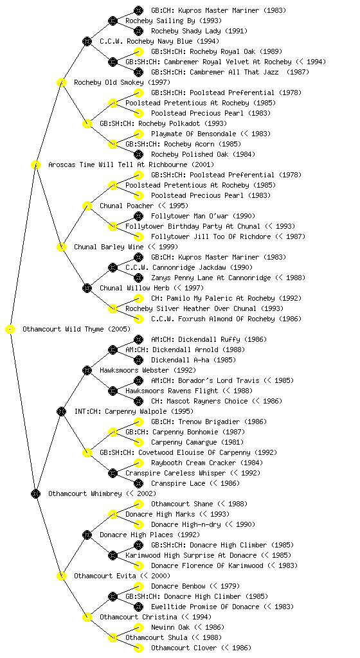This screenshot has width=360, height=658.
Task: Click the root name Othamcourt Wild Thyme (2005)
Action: (76, 329)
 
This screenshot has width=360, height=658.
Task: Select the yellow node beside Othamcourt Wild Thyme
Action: (10, 329)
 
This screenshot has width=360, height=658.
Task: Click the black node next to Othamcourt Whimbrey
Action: (35, 493)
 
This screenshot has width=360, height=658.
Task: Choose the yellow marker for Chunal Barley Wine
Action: (61, 247)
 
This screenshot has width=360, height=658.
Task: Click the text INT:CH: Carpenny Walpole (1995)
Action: (134, 411)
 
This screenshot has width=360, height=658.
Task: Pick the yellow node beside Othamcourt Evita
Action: (61, 576)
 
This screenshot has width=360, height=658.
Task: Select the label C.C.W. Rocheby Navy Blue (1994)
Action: (159, 41)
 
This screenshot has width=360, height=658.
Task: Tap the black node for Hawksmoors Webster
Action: (87, 370)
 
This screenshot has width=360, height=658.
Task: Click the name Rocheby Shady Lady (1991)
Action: (199, 31)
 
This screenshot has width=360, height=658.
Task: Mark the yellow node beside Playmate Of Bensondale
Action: (138, 134)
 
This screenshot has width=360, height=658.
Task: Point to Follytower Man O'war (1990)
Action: (203, 216)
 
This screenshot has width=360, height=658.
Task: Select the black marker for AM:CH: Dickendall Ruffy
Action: (138, 339)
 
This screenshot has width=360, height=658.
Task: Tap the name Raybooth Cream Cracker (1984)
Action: (207, 463)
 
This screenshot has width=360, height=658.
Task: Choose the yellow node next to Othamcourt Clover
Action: (138, 648)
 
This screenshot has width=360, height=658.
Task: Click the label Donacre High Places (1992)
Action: (150, 535)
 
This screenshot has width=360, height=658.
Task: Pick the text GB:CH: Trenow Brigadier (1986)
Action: (209, 422)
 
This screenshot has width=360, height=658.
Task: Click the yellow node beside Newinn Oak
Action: (138, 627)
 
